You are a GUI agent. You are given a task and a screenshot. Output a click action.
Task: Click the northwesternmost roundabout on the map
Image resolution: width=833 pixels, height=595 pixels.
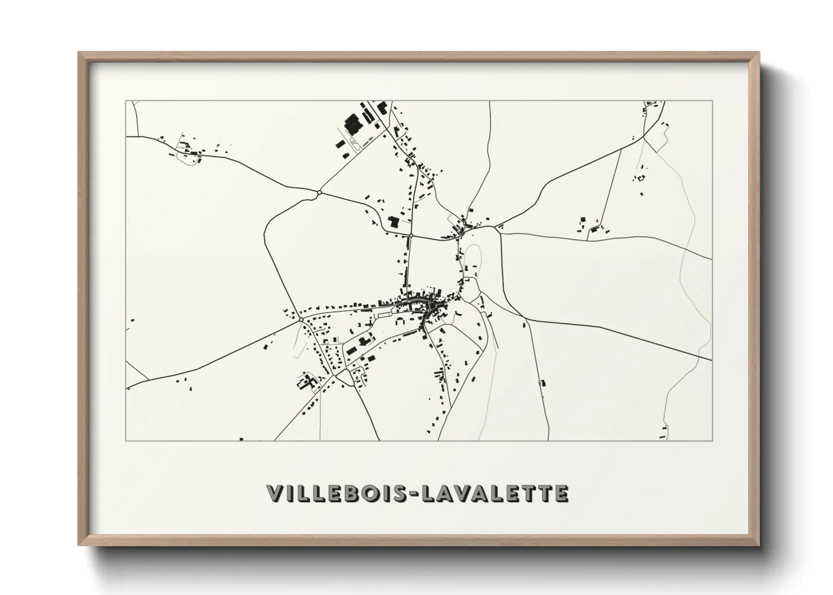point(319,193)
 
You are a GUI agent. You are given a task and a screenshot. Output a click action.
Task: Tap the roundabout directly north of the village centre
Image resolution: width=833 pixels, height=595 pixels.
point(411,235)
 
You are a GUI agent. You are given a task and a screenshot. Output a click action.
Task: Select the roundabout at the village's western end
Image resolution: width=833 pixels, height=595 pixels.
point(301,319)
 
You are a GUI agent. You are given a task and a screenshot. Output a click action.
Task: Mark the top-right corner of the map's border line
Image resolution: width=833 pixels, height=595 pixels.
point(712,101)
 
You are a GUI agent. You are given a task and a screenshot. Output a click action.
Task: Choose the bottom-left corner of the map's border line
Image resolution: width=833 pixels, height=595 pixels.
point(126,440)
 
